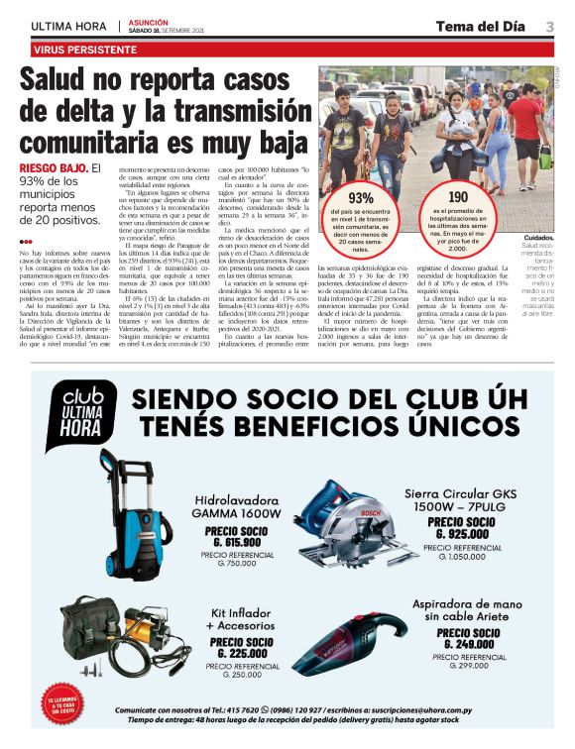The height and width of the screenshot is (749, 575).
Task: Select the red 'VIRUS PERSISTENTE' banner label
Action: click(85, 49)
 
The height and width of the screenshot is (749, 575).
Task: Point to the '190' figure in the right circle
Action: click(457, 197)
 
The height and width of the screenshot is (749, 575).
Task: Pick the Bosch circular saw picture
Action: click(342, 522)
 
